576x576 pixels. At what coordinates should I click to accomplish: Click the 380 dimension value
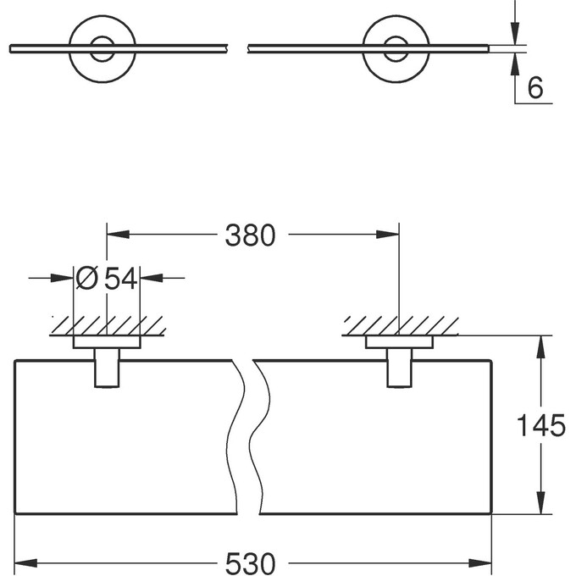click(251, 235)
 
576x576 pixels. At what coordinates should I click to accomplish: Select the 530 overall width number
click(251, 562)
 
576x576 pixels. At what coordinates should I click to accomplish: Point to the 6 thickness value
click(535, 87)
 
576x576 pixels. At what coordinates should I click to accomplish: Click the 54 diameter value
click(120, 277)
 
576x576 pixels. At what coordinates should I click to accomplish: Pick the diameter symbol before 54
click(86, 277)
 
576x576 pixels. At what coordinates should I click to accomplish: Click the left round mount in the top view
click(102, 48)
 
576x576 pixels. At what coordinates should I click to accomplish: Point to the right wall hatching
click(400, 325)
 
